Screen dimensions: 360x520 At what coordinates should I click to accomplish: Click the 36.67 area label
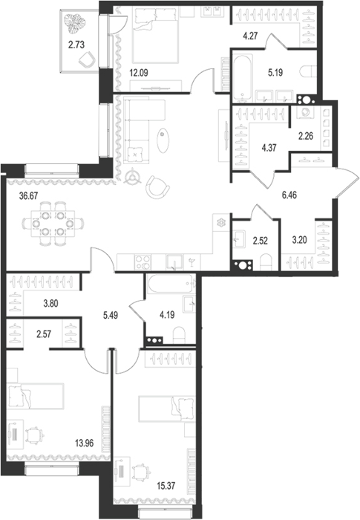(29, 195)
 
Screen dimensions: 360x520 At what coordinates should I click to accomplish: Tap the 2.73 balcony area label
(76, 45)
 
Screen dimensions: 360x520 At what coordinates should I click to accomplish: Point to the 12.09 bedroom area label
(139, 73)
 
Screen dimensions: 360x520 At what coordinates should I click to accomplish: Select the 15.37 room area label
(166, 486)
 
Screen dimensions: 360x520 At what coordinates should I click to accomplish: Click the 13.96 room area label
(84, 443)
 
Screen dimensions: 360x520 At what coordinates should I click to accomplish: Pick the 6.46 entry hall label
(289, 195)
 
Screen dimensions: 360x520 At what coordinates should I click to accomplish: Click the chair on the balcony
(87, 59)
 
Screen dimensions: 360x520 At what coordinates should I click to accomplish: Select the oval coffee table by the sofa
(163, 140)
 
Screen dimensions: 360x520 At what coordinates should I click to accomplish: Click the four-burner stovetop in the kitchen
(143, 262)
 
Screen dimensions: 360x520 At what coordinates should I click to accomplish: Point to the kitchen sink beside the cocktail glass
(174, 262)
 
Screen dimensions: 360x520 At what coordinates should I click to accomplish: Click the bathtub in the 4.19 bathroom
(171, 284)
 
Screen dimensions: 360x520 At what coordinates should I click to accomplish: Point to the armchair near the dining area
(157, 186)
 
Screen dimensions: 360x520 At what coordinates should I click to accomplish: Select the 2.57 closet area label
(44, 334)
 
